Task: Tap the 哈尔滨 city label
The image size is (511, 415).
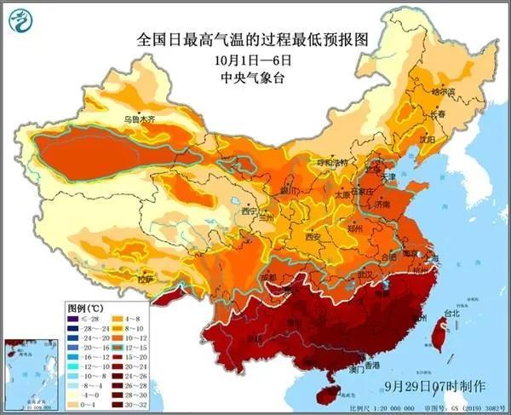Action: (443, 91)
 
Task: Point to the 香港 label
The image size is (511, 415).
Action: (372, 365)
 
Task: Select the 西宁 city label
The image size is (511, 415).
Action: (249, 210)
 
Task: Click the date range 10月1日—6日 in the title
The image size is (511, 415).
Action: (255, 60)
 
